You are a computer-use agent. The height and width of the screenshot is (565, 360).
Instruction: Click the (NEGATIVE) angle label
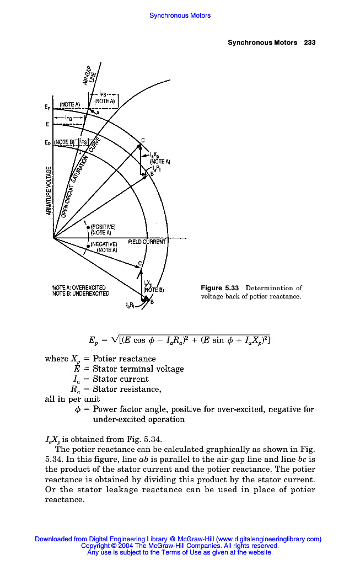pos(104,243)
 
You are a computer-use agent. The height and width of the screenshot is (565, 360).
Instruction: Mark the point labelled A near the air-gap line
pos(98,113)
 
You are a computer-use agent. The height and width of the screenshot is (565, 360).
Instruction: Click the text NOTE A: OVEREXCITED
pos(78,287)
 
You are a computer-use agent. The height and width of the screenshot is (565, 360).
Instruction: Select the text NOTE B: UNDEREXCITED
pos(80,293)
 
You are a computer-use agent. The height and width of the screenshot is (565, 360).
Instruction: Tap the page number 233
pos(309,42)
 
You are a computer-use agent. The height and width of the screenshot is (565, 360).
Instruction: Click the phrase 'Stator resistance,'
pos(127,390)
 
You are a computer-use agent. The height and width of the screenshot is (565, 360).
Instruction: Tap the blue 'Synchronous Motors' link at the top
pos(180,15)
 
